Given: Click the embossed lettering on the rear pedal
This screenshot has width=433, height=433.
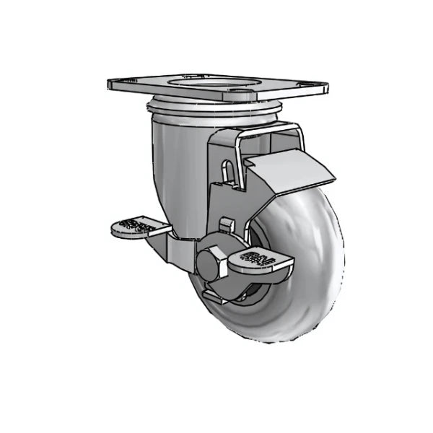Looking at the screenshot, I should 134,224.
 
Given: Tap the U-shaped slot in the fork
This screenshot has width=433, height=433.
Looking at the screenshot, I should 228,172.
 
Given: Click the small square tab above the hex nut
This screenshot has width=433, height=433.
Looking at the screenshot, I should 226,224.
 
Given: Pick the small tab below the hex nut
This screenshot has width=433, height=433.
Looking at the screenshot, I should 214,294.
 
